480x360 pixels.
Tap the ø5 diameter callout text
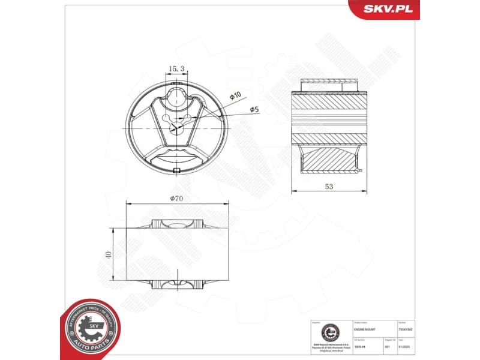254,109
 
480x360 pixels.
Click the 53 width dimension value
329,187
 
